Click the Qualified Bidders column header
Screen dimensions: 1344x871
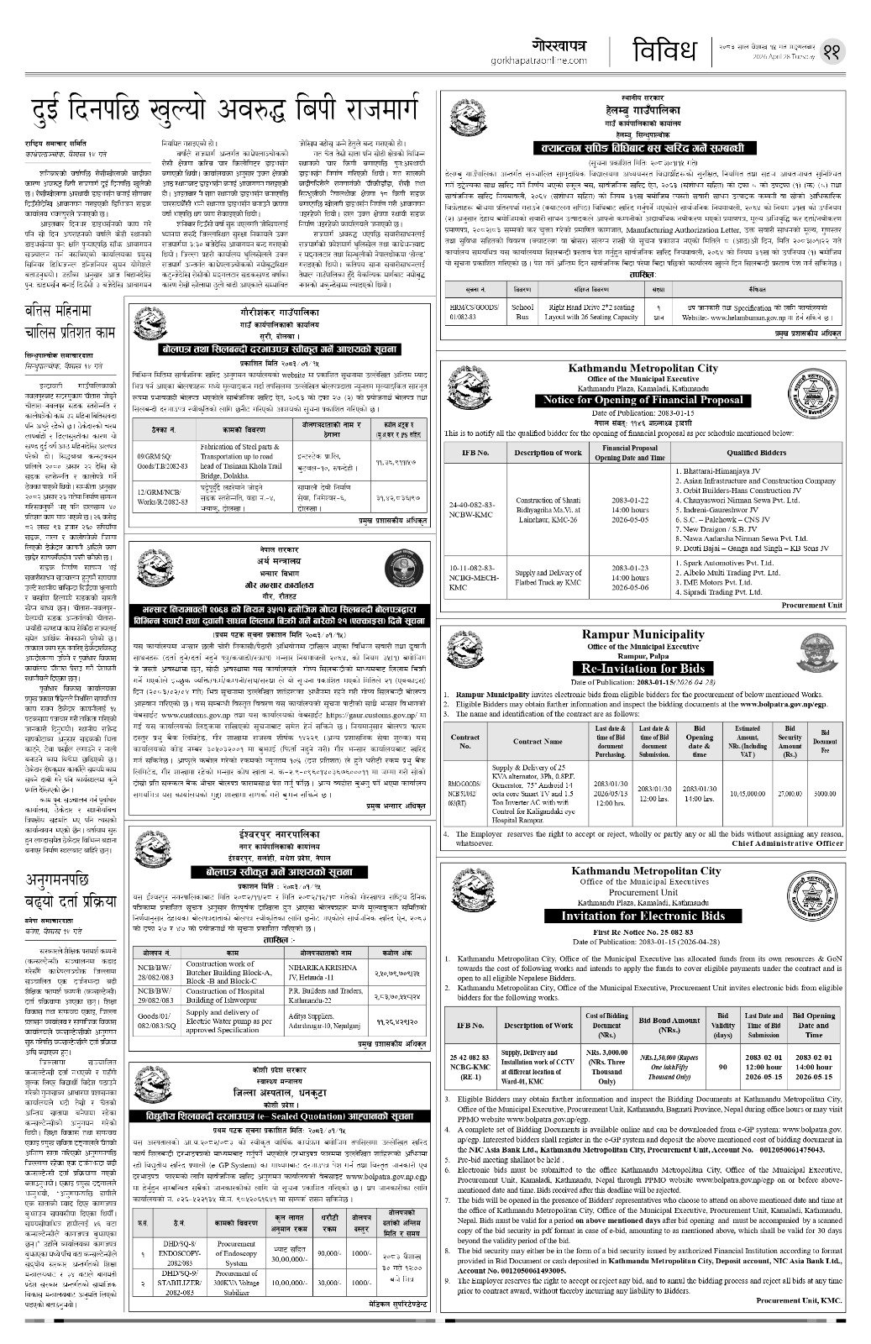[x=754, y=452]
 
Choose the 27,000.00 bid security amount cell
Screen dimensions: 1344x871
[x=790, y=792]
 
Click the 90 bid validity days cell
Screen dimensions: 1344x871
[x=722, y=1066]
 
